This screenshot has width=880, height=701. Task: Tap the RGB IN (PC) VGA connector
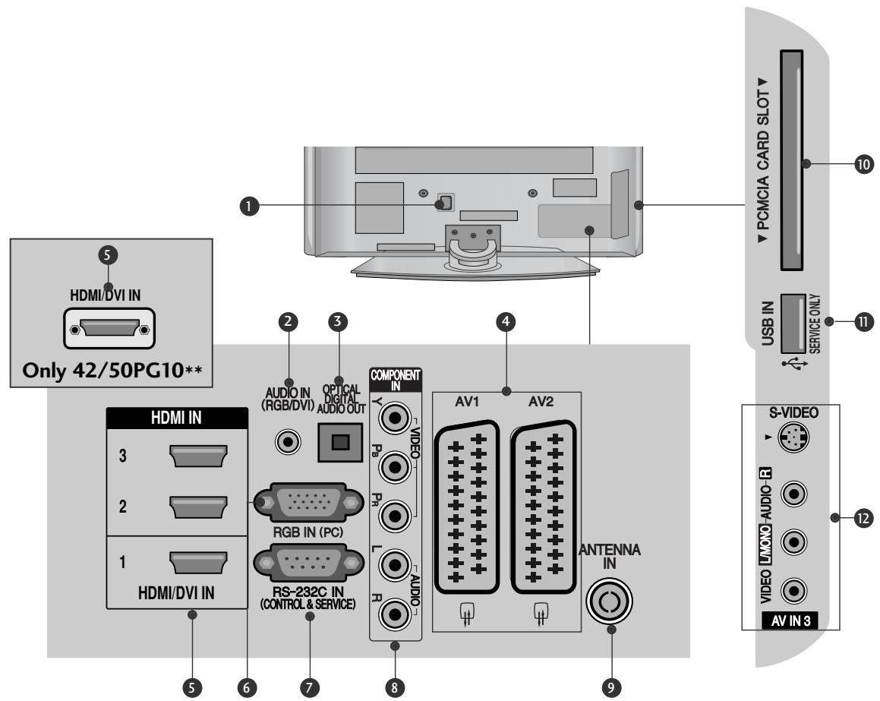(x=303, y=503)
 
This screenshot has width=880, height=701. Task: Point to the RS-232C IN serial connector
(x=303, y=565)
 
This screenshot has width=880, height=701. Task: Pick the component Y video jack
(x=394, y=418)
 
